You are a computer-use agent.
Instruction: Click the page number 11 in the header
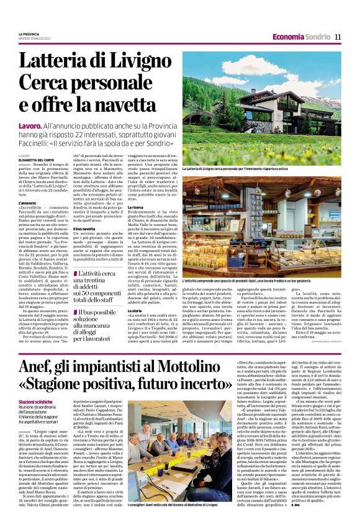click(x=338, y=37)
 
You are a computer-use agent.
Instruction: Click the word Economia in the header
click(x=287, y=37)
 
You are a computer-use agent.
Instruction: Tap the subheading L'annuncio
click(x=27, y=202)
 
